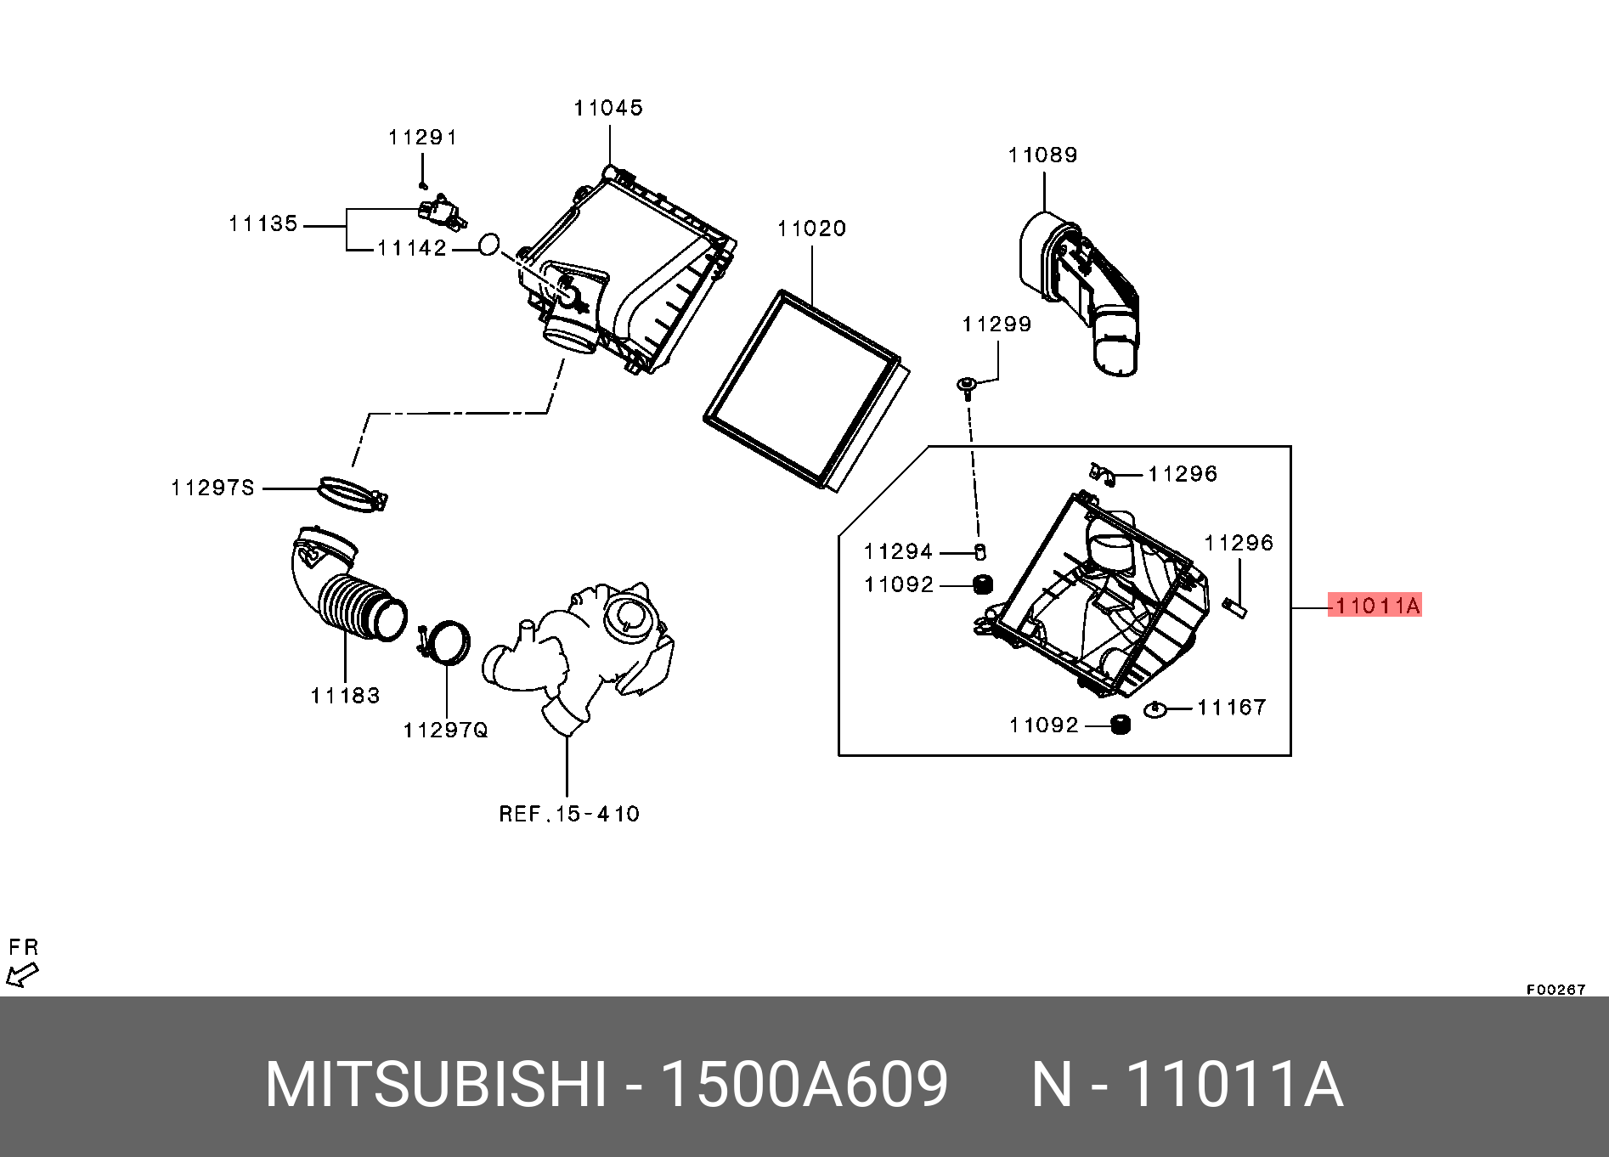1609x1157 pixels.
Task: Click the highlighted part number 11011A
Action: pyautogui.click(x=1375, y=605)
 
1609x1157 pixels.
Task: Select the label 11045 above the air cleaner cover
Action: pyautogui.click(x=608, y=108)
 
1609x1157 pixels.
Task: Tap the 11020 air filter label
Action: pyautogui.click(x=811, y=229)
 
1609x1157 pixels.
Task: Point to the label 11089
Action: pyautogui.click(x=1042, y=155)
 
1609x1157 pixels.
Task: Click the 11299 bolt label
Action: pyautogui.click(x=996, y=324)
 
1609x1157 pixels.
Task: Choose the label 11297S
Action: pyautogui.click(x=212, y=488)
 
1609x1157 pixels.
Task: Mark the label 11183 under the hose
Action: pyautogui.click(x=345, y=696)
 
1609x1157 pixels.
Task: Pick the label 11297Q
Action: pyautogui.click(x=445, y=730)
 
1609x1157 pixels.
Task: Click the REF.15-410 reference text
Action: pyautogui.click(x=568, y=814)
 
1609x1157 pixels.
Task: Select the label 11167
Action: pyautogui.click(x=1231, y=707)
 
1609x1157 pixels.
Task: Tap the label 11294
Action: pyautogui.click(x=898, y=551)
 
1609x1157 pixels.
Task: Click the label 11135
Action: pyautogui.click(x=263, y=223)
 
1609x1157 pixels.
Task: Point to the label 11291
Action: pyautogui.click(x=422, y=138)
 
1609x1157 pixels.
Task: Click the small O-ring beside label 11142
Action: pyautogui.click(x=488, y=245)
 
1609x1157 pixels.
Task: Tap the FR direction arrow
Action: pyautogui.click(x=22, y=974)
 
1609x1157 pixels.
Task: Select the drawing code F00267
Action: pyautogui.click(x=1555, y=990)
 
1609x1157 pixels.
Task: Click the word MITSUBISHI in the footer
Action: pyautogui.click(x=436, y=1085)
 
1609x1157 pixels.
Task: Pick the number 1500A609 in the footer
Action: pyautogui.click(x=803, y=1085)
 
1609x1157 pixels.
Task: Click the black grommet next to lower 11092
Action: pyautogui.click(x=1121, y=725)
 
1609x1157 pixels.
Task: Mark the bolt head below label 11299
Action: pyautogui.click(x=967, y=385)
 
